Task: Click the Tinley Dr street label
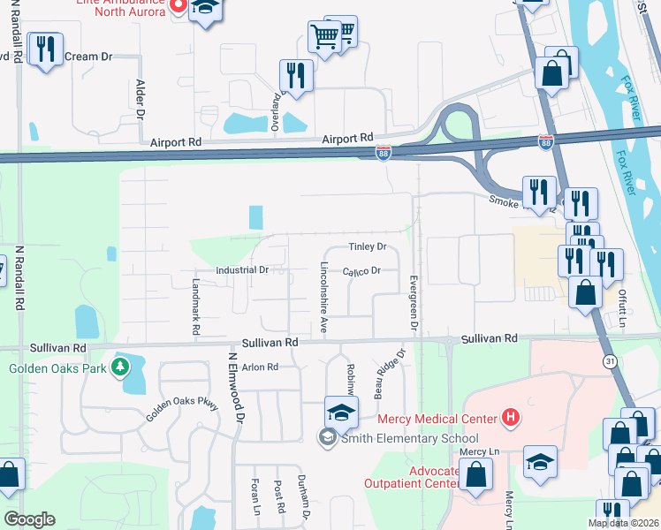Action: [x=368, y=246]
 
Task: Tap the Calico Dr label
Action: [x=361, y=271]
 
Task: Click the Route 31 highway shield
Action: [x=610, y=360]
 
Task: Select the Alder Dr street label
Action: [x=140, y=98]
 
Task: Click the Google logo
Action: [x=30, y=519]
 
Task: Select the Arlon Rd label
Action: [x=260, y=367]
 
